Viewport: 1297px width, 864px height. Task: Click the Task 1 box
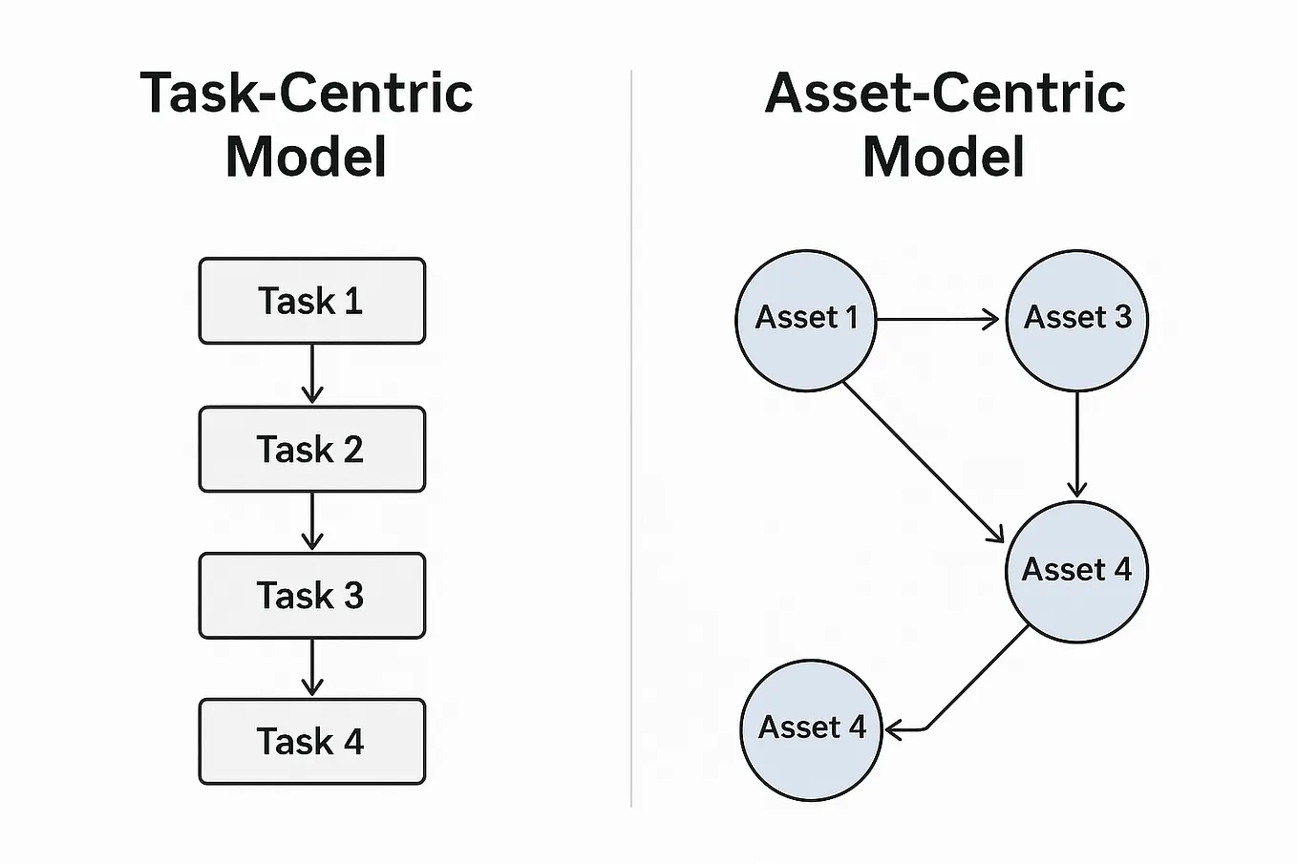tap(311, 301)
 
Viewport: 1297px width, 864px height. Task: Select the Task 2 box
tap(311, 449)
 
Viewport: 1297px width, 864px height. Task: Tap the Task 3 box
tap(311, 596)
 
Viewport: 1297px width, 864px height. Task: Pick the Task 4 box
tap(311, 742)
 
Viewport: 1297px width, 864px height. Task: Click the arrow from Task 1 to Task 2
tap(312, 374)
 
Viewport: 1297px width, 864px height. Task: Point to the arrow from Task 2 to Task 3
tap(312, 522)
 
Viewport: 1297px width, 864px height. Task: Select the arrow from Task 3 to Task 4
tap(312, 668)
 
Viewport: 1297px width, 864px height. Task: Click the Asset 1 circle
tap(806, 320)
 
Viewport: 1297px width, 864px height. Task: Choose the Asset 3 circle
tap(1077, 320)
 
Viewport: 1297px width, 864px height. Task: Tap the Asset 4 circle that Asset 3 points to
tap(1076, 571)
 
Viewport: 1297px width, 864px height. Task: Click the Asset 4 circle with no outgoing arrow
tap(811, 729)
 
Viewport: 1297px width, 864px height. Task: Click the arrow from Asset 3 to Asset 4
tap(1077, 445)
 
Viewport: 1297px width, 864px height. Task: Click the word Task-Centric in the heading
tap(307, 94)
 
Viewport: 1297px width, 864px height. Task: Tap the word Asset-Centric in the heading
tap(945, 94)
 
